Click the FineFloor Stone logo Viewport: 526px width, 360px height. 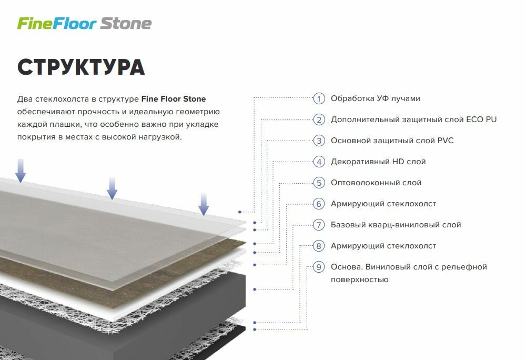(85, 24)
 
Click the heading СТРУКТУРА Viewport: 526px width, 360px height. (81, 67)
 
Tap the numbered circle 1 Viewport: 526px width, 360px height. (319, 98)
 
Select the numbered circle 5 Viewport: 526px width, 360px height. (319, 183)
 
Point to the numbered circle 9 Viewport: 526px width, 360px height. (319, 267)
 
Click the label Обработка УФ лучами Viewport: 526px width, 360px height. (375, 98)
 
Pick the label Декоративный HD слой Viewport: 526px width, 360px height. (378, 162)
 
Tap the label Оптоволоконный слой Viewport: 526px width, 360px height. (376, 183)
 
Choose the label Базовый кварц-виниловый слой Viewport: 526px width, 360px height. (396, 225)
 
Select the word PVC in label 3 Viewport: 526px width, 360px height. (445, 141)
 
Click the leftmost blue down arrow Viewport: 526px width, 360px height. (21, 170)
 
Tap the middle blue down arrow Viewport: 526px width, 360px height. (112, 187)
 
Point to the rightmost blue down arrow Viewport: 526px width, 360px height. (204, 203)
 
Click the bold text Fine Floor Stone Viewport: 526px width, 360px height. (174, 99)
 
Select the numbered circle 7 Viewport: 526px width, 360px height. (319, 225)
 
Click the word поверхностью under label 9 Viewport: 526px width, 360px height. (359, 279)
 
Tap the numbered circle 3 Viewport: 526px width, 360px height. (319, 141)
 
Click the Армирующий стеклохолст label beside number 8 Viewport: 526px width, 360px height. (383, 246)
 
